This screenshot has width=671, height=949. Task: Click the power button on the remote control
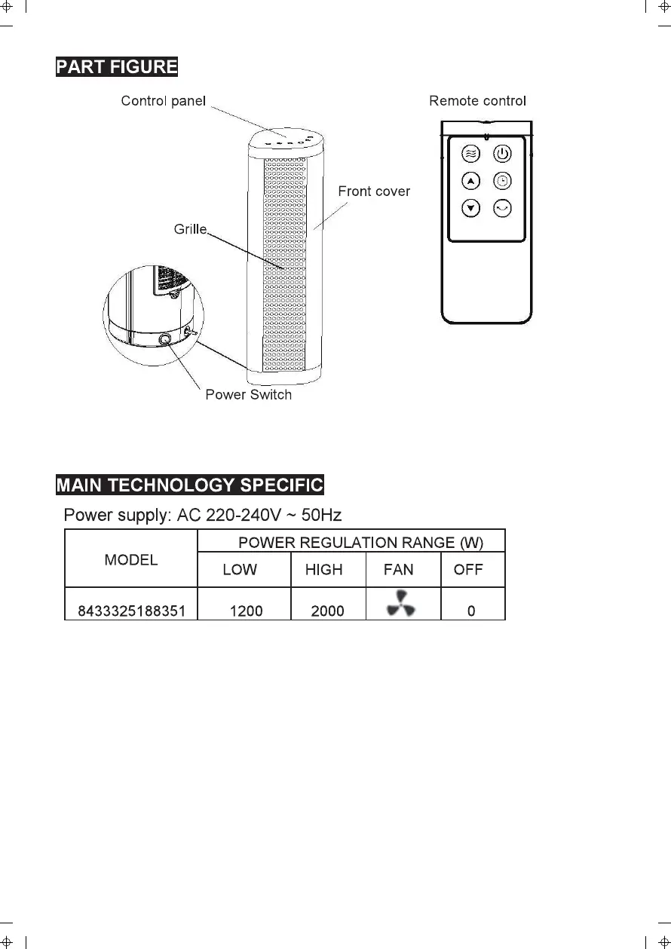coord(502,155)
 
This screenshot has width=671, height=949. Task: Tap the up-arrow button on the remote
coord(470,182)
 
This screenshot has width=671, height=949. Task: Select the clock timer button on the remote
coord(502,182)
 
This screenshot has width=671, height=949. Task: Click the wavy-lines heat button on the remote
coord(470,155)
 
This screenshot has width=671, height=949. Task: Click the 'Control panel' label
coord(163,101)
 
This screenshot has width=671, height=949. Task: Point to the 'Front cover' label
coord(374,191)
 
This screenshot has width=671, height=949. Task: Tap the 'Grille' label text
coord(191,228)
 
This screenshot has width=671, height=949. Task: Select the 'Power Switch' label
coord(248,394)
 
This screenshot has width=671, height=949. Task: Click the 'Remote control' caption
coord(477,100)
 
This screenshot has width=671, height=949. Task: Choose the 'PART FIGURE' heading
coord(117,66)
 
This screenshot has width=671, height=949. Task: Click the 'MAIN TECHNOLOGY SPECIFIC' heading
coord(190,485)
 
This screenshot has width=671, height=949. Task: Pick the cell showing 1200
coord(246,611)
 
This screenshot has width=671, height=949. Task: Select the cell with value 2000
coord(327,611)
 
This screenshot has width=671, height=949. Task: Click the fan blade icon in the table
coord(400,604)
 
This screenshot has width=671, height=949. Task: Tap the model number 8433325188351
coord(132,611)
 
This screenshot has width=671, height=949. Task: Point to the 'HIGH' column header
coord(323,570)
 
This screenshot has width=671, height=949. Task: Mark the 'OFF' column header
coord(468,570)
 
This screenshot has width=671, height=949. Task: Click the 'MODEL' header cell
coord(131,559)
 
